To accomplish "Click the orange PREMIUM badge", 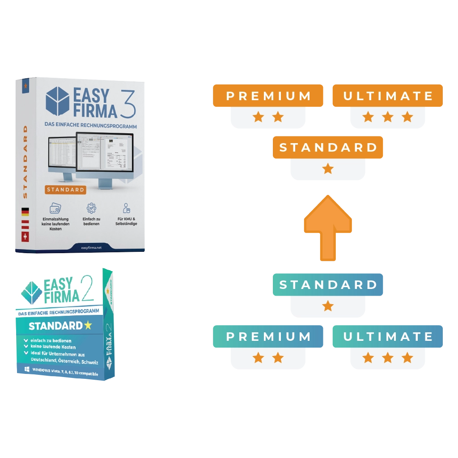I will point(268,96).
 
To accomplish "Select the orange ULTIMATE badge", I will point(388,96).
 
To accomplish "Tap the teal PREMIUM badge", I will point(268,336).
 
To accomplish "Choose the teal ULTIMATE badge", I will point(388,336).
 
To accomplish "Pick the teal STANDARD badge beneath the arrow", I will point(328,284).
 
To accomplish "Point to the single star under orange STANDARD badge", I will point(328,169).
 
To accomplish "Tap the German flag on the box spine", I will point(25,211).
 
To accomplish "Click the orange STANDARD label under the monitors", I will point(65,190).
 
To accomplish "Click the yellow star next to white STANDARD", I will point(87,325).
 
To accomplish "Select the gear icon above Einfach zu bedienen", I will point(91,208).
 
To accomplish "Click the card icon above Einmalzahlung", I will point(55,208).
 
